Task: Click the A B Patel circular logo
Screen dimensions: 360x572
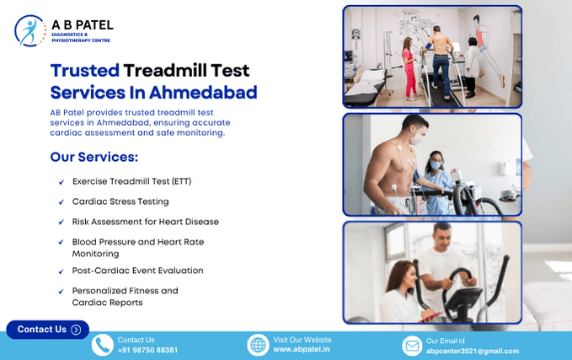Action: point(30,30)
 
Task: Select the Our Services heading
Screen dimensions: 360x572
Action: point(94,157)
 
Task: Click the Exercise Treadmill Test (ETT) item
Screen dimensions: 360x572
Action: point(131,181)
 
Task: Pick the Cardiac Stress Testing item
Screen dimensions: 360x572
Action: point(120,201)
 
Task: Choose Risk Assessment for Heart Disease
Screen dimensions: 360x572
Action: point(145,222)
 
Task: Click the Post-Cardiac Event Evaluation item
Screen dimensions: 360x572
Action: point(137,271)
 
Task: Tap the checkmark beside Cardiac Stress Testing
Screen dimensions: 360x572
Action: point(61,202)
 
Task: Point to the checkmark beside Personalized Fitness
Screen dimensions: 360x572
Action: point(61,292)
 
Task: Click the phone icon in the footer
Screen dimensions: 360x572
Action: point(102,345)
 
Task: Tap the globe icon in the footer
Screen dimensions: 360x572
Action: point(258,345)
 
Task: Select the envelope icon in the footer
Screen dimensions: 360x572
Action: point(411,346)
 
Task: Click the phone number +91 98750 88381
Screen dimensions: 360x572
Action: point(147,350)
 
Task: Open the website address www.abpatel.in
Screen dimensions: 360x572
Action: point(301,350)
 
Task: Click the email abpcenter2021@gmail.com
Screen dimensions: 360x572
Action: point(472,351)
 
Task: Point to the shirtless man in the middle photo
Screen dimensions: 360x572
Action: point(388,164)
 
